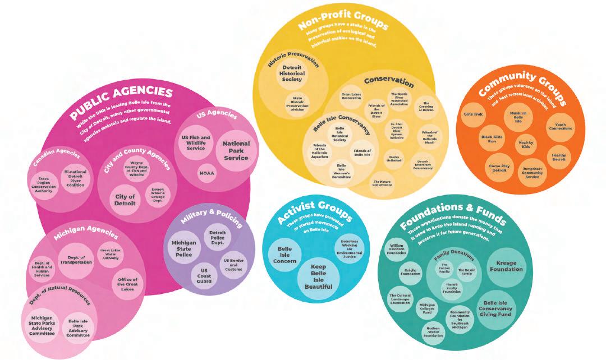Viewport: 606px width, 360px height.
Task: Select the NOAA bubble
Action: click(207, 173)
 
